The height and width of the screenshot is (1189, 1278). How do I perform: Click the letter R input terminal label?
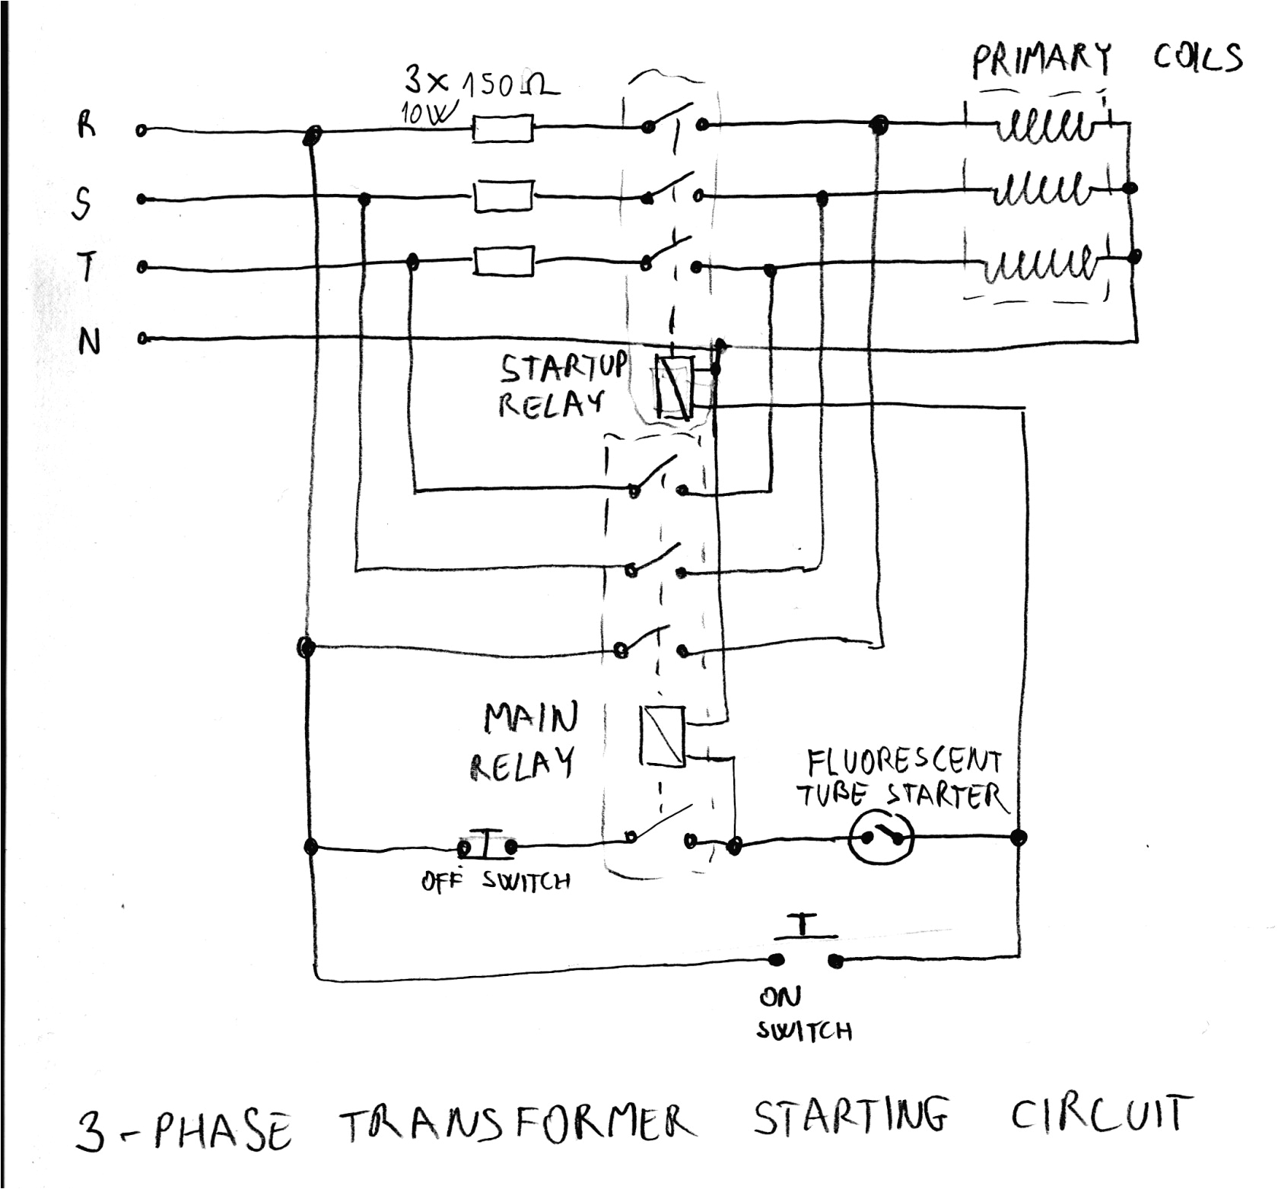click(87, 125)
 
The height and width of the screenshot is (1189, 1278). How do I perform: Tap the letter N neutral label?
click(89, 342)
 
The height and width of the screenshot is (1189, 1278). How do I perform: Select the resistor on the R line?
click(502, 129)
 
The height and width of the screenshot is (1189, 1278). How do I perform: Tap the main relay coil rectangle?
click(663, 736)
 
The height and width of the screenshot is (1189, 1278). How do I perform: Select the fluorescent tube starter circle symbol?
click(881, 838)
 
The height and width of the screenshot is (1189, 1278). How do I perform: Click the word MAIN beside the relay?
click(531, 717)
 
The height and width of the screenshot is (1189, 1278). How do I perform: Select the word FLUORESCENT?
click(904, 761)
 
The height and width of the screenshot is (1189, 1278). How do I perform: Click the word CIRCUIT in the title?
click(1098, 1115)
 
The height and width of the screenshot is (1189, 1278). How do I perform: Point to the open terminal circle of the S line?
click(141, 199)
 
